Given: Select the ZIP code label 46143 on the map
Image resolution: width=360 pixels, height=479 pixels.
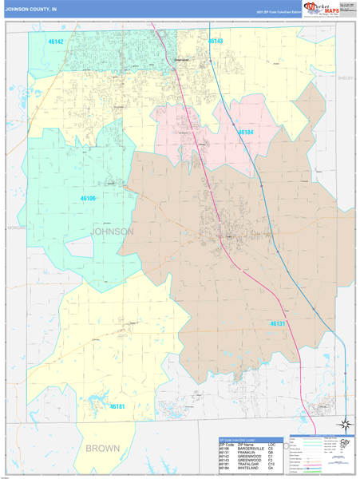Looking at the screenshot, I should click(216, 40).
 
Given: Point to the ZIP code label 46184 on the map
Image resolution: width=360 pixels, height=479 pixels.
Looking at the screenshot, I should click(246, 132).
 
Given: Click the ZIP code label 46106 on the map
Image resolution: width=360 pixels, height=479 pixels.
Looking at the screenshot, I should click(87, 198).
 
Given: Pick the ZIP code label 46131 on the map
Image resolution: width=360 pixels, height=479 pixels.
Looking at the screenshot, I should click(277, 323).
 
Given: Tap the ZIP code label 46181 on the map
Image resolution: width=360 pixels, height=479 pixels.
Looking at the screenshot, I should click(117, 406).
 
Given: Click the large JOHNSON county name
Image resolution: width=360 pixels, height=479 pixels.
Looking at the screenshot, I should click(113, 232).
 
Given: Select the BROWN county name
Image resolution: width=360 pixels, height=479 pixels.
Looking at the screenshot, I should click(102, 448).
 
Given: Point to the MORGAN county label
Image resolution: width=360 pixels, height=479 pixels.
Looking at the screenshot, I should click(16, 227).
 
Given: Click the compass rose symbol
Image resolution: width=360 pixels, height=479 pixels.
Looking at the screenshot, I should click(344, 425).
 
